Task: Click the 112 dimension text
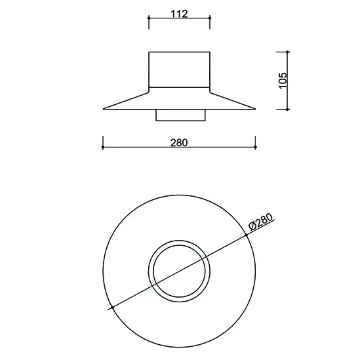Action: coord(178,14)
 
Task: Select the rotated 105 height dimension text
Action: coord(283,79)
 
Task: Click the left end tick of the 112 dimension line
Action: coord(149,22)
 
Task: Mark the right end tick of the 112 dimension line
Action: coord(210,22)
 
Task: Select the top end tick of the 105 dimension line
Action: coord(288,51)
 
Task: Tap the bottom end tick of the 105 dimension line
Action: coord(288,110)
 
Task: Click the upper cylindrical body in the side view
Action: coord(179,69)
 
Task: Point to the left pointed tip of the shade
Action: coord(104,109)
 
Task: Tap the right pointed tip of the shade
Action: coord(255,109)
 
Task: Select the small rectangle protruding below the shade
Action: coord(179,115)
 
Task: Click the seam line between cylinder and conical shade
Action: coord(179,87)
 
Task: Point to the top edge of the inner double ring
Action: coord(179,239)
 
